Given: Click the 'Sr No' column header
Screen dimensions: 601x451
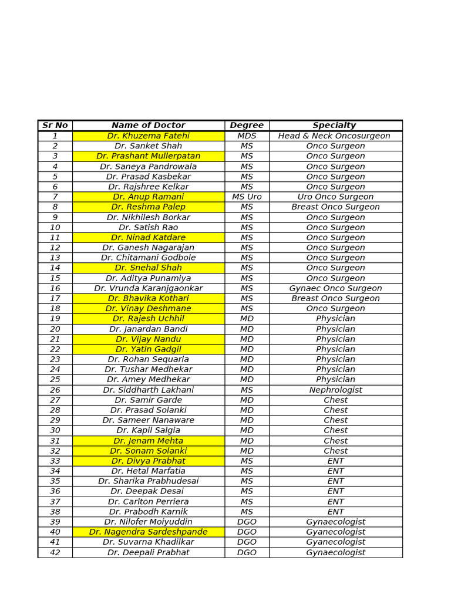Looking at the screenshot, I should (x=55, y=125).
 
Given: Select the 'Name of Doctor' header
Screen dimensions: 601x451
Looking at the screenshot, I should (x=148, y=125).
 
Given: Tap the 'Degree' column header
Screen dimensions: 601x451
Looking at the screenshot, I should (x=247, y=125).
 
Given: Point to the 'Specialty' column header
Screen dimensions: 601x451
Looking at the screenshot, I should (x=334, y=125).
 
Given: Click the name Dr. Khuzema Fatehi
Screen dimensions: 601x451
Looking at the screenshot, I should (x=148, y=136).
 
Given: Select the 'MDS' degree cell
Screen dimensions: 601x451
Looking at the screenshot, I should (x=247, y=136).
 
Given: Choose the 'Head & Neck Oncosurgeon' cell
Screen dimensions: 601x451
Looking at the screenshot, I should (x=334, y=136).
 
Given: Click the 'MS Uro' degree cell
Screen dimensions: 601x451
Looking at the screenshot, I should (x=247, y=197).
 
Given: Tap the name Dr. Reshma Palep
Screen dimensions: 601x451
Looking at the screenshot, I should (x=148, y=207).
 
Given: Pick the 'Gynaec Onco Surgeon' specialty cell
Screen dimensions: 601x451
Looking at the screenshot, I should (x=335, y=288).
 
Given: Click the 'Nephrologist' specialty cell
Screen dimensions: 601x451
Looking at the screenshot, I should (x=335, y=390).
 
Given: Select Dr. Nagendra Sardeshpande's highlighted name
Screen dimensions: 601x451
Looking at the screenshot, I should (x=148, y=532).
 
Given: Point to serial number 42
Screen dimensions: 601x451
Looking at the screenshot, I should (x=55, y=552).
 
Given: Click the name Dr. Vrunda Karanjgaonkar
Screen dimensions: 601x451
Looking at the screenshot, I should (x=148, y=288).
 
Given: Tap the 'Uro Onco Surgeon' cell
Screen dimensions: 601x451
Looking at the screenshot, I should (x=335, y=197).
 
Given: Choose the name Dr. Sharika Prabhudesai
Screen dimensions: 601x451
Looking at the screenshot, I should (x=148, y=481).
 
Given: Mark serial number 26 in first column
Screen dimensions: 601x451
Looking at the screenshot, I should (x=55, y=390).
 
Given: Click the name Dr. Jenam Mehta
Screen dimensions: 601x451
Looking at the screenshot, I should (x=148, y=440).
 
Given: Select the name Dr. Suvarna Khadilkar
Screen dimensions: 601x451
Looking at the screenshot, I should (x=148, y=542).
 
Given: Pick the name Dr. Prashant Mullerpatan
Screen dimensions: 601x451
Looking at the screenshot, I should (x=148, y=156).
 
